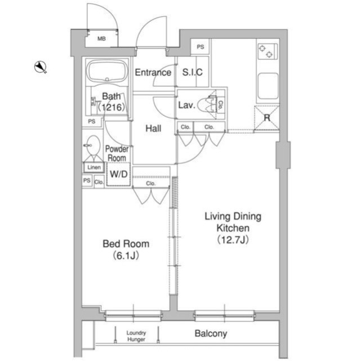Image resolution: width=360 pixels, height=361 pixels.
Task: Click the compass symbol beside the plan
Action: click(41, 67)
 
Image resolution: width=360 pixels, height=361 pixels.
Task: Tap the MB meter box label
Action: click(101, 39)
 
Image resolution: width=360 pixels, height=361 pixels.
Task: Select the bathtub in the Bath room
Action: click(107, 71)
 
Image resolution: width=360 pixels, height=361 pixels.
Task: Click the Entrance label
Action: click(153, 73)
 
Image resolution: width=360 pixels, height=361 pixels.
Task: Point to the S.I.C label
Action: click(193, 72)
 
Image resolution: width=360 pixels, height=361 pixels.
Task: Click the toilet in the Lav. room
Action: click(207, 105)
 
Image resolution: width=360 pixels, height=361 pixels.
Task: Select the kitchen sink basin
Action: click(268, 86)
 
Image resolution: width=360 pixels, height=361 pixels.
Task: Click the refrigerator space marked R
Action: click(266, 118)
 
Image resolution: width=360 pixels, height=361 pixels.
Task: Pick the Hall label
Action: click(153, 128)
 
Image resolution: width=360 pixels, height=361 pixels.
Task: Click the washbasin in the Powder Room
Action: click(93, 145)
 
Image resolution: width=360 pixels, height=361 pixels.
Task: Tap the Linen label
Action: click(94, 168)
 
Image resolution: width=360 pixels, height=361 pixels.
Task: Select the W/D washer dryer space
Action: click(119, 174)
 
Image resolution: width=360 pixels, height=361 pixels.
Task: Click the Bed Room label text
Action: click(126, 244)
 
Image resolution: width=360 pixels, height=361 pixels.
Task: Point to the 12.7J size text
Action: click(233, 240)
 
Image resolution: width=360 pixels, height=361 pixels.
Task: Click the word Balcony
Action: click(211, 333)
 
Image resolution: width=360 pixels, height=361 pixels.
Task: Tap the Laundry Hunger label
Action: click(136, 336)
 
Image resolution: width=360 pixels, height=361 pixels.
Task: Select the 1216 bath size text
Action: click(112, 107)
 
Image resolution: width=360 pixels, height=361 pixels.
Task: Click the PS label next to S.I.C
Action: click(200, 47)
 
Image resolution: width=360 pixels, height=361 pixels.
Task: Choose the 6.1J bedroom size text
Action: click(126, 256)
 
